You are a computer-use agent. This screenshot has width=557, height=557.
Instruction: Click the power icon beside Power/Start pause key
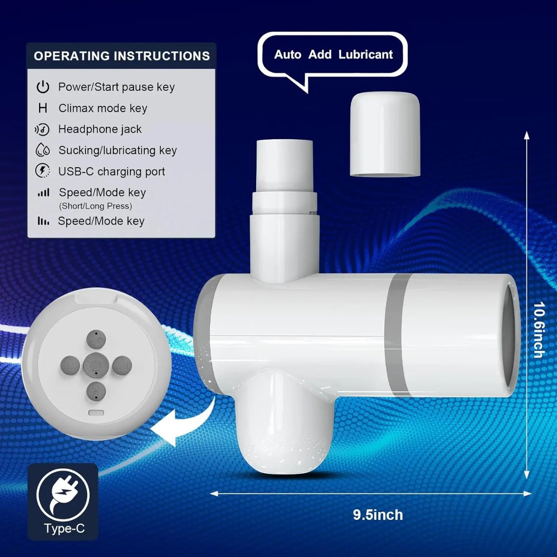[x=43, y=87]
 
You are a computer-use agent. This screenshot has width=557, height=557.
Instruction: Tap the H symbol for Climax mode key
[x=43, y=108]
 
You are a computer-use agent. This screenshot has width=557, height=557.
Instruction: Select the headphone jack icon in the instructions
[x=42, y=129]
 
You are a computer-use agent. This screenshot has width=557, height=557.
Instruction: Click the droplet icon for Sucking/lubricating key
[x=43, y=150]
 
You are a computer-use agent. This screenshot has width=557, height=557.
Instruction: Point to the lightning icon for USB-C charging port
[x=42, y=171]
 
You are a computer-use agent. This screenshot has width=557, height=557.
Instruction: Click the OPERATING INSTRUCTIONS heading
[x=122, y=56]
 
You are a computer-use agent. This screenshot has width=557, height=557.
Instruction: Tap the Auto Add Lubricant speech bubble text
[x=333, y=54]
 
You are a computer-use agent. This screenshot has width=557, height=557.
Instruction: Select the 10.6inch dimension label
[x=539, y=330]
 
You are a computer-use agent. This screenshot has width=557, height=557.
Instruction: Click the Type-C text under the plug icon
[x=64, y=528]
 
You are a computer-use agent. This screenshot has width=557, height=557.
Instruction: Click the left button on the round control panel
[x=70, y=366]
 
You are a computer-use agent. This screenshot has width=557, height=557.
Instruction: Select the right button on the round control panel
[x=122, y=366]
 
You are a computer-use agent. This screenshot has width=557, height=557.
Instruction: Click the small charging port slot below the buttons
[x=96, y=413]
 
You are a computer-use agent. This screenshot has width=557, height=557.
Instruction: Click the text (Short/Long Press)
[x=96, y=206]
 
